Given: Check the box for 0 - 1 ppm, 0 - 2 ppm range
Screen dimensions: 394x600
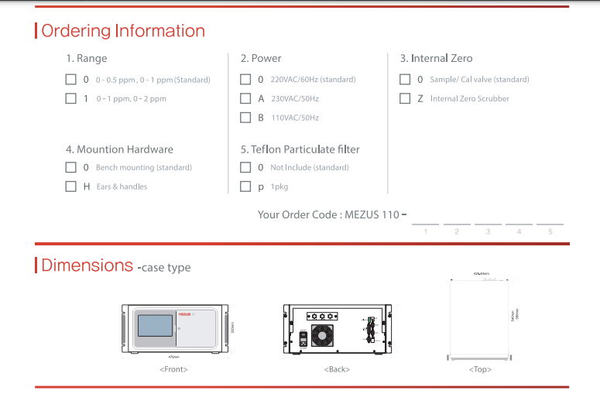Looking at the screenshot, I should [x=70, y=98].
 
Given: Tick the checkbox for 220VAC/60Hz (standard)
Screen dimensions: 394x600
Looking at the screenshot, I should [x=245, y=79].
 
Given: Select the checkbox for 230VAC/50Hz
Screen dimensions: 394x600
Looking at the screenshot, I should [x=245, y=98].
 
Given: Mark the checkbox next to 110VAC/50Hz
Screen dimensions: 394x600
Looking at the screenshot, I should [x=245, y=118].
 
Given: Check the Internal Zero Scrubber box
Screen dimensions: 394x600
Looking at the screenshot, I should [x=405, y=98].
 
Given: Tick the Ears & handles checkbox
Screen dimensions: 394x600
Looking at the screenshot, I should [x=70, y=187].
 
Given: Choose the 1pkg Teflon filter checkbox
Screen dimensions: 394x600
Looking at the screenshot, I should [x=245, y=187].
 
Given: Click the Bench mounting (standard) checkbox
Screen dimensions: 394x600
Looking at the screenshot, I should [x=70, y=167].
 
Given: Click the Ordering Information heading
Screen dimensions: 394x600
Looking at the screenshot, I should [x=123, y=31].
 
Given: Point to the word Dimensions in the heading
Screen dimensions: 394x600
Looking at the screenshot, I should [x=87, y=266].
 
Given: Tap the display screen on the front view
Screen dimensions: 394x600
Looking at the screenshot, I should [x=155, y=325].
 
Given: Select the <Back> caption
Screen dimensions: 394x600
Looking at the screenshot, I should [x=337, y=369].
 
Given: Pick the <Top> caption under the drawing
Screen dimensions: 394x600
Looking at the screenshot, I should [x=480, y=369].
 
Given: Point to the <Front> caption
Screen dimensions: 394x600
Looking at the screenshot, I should [x=173, y=369].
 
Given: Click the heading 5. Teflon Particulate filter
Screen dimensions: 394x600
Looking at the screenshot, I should [x=300, y=149].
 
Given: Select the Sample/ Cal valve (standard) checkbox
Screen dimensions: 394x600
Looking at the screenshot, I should [x=405, y=79].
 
